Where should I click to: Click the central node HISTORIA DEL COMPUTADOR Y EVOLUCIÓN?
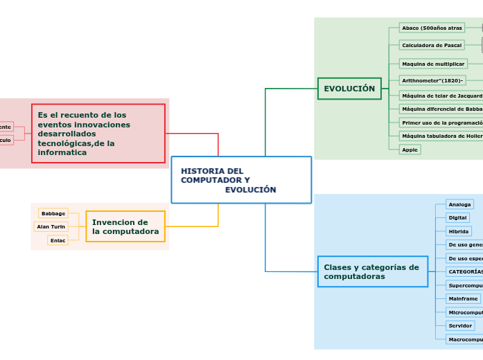pos(240,180)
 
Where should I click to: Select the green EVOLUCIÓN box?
pos(349,89)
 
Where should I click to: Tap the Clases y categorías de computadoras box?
pos(373,271)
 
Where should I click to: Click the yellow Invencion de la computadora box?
pos(125,226)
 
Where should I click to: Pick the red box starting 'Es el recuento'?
pos(98,134)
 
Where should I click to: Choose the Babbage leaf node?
pos(53,213)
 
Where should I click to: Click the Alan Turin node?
pos(51,226)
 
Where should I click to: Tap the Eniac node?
pos(58,240)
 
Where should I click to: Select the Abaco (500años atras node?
pos(432,28)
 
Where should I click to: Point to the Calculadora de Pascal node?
pos(432,45)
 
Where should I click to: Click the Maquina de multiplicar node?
pos(433,64)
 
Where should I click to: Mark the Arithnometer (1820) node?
pos(432,80)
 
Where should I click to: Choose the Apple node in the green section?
pos(410,150)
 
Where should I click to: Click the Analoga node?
pos(459,204)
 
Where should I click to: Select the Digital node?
pos(457,217)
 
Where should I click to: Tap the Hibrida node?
pos(458,231)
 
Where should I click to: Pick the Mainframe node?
pos(463,298)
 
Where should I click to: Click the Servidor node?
pos(460,325)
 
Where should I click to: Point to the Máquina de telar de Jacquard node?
pos(441,96)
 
